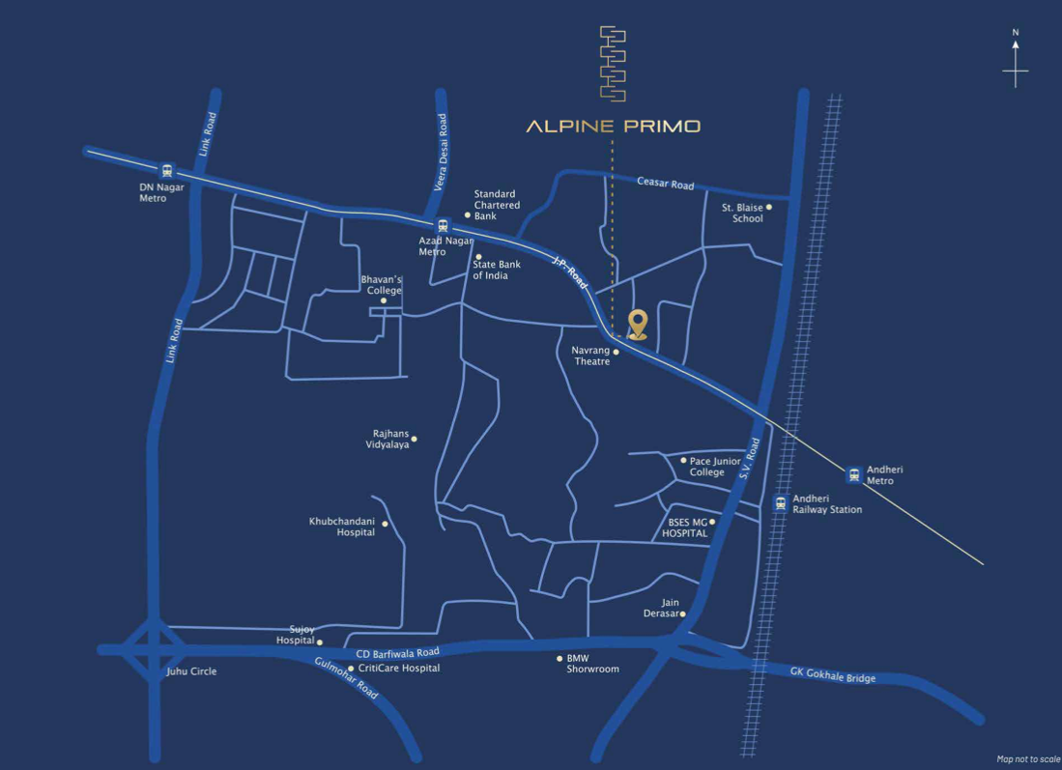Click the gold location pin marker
(x=638, y=324)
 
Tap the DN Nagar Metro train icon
(x=167, y=170)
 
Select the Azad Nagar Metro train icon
(x=443, y=225)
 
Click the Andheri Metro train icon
(x=853, y=474)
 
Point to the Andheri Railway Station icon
(x=781, y=502)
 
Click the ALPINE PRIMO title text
(x=613, y=127)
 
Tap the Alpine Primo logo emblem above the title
(x=613, y=64)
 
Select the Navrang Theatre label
(x=590, y=356)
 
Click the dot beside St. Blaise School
(x=769, y=207)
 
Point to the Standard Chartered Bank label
(x=497, y=205)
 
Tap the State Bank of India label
(x=497, y=270)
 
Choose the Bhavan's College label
(x=382, y=285)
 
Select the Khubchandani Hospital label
(x=342, y=527)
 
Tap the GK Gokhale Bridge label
(x=833, y=674)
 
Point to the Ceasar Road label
(x=665, y=183)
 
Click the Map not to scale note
(x=1028, y=759)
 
